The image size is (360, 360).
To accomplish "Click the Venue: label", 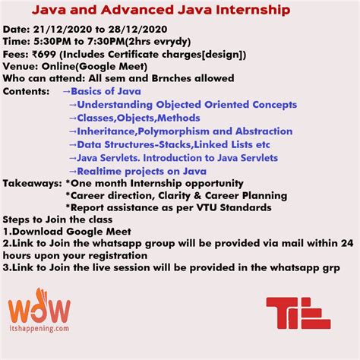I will (22, 67).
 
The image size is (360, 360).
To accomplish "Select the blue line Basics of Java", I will (115, 92).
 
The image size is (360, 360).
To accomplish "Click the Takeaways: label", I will (32, 184).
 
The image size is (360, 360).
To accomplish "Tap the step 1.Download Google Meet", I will (68, 232).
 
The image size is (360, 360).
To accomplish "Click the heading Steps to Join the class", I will (58, 220).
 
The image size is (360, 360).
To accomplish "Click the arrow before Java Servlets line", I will (72, 158).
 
